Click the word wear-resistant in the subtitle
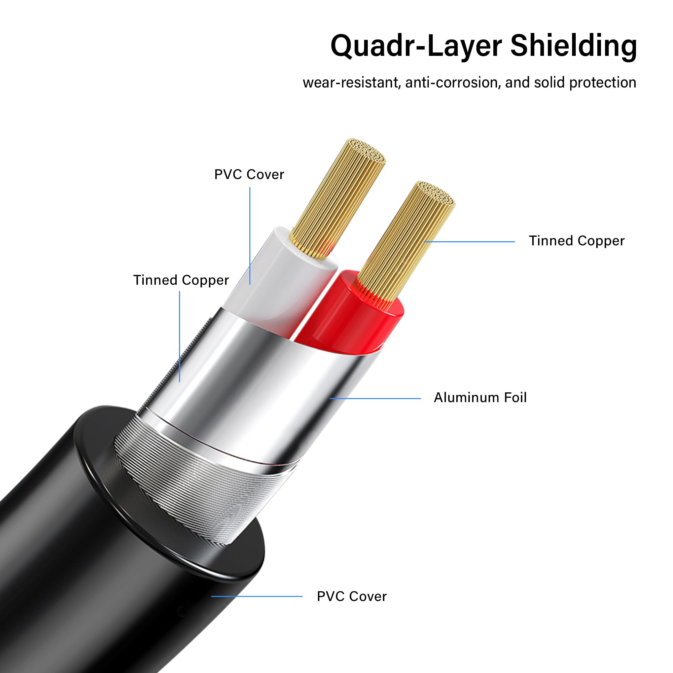(352, 82)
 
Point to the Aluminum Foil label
(480, 397)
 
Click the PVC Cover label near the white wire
(249, 175)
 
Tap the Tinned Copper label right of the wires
(576, 241)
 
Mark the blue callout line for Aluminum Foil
(375, 398)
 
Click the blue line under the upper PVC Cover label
(250, 236)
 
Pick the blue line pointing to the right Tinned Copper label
(469, 241)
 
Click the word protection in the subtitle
(603, 82)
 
